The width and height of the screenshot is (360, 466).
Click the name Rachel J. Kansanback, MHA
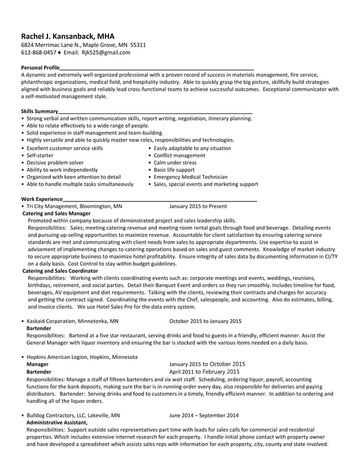(x=68, y=36)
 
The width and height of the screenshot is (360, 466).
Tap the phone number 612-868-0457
(x=38, y=52)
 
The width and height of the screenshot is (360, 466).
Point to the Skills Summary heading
(x=39, y=111)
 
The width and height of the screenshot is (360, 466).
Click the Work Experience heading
(x=42, y=199)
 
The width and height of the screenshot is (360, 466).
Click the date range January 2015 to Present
(x=198, y=206)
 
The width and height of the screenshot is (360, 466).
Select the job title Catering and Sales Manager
(x=56, y=214)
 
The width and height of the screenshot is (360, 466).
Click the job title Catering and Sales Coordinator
(x=60, y=271)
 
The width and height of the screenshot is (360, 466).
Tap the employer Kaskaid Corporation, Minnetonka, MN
(x=73, y=321)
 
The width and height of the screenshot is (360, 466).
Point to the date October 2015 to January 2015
(x=205, y=321)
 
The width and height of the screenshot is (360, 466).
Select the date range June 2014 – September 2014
(x=204, y=415)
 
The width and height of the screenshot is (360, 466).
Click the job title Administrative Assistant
(x=57, y=422)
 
